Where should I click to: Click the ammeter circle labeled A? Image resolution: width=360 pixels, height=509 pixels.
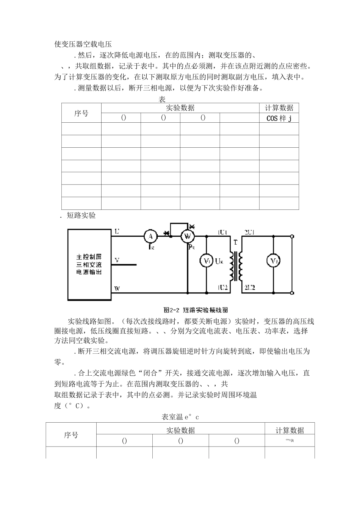[x=150, y=236]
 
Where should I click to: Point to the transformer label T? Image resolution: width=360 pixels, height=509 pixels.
[x=235, y=243]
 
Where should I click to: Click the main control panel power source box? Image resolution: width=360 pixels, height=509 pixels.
[x=89, y=264]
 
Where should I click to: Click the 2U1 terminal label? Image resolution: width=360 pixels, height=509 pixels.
[x=249, y=232]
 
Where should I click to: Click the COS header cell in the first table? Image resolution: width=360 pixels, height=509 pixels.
[x=279, y=118]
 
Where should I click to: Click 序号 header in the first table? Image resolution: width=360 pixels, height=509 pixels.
[x=81, y=113]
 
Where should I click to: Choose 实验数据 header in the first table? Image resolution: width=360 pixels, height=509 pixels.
[x=180, y=108]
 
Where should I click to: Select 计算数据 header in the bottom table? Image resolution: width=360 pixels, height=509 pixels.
[x=290, y=430]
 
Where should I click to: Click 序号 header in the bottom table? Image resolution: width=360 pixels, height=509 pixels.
[x=71, y=435]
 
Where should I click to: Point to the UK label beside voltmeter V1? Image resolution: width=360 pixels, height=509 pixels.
[x=219, y=261]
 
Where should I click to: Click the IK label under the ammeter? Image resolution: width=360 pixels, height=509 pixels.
[x=151, y=247]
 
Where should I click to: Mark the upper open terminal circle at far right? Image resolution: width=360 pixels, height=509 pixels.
[x=292, y=237]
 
